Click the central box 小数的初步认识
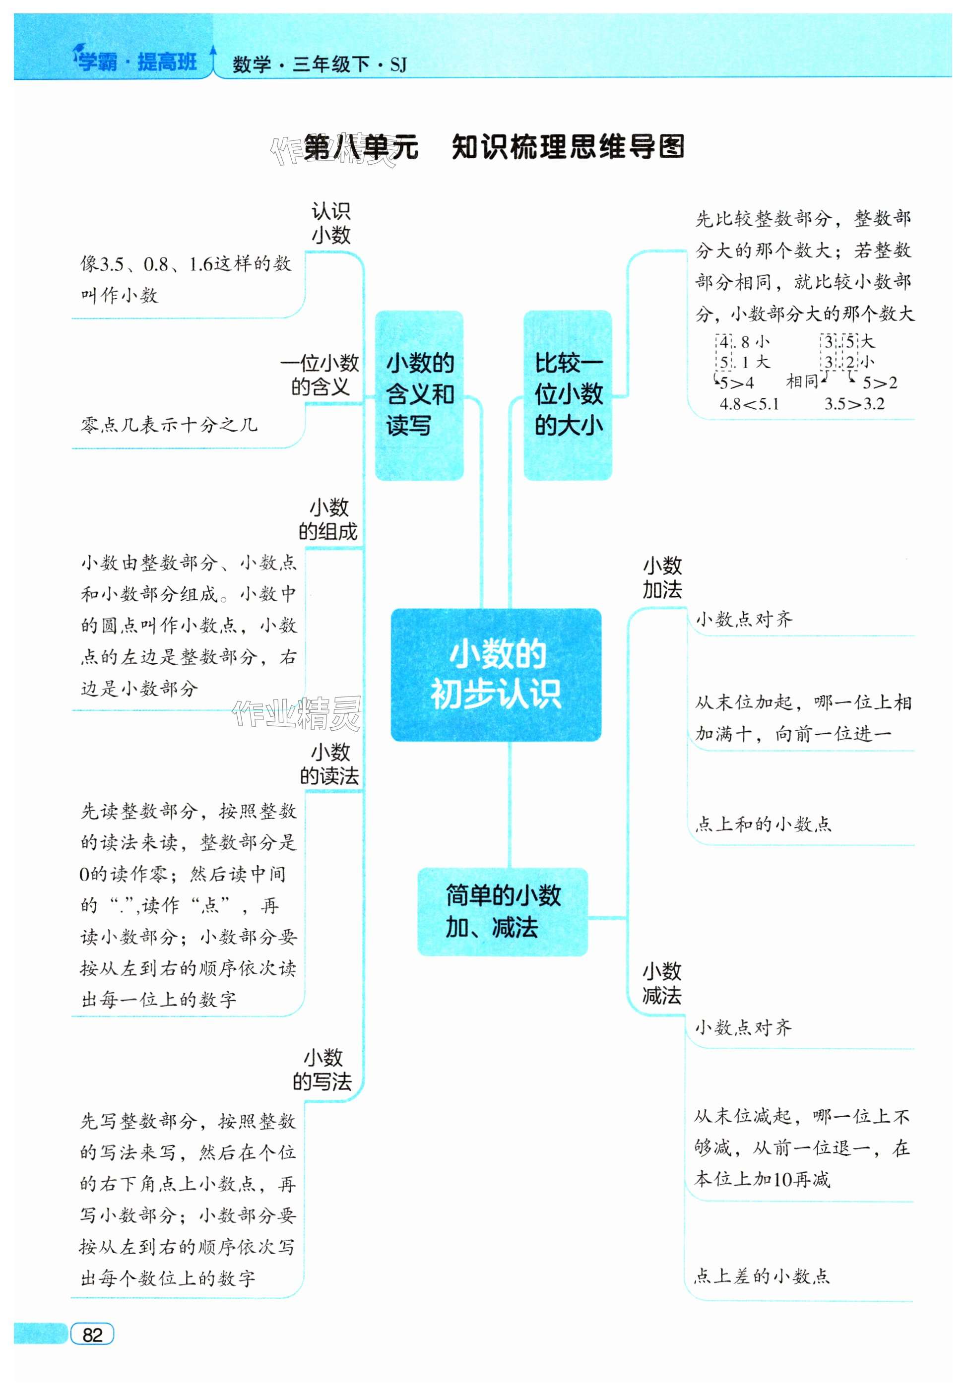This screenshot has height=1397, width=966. pyautogui.click(x=496, y=674)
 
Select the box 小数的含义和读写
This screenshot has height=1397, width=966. pyautogui.click(x=419, y=394)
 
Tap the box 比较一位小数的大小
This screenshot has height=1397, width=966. pyautogui.click(x=568, y=394)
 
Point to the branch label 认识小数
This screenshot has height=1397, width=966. pyautogui.click(x=330, y=223)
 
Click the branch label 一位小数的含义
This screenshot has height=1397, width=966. pyautogui.click(x=320, y=375)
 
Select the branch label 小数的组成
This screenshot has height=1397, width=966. pyautogui.click(x=328, y=519)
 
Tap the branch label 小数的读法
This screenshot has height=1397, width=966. pyautogui.click(x=330, y=764)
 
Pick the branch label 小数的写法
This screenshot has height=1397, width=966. pyautogui.click(x=322, y=1069)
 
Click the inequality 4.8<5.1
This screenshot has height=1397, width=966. pyautogui.click(x=749, y=404)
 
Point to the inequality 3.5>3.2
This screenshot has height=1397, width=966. pyautogui.click(x=854, y=404)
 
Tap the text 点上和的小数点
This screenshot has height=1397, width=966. pyautogui.click(x=763, y=824)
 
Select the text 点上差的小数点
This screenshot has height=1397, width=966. pyautogui.click(x=762, y=1276)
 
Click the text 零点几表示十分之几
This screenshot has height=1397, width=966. pyautogui.click(x=169, y=425)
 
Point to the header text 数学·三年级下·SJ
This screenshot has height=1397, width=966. pyautogui.click(x=319, y=64)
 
